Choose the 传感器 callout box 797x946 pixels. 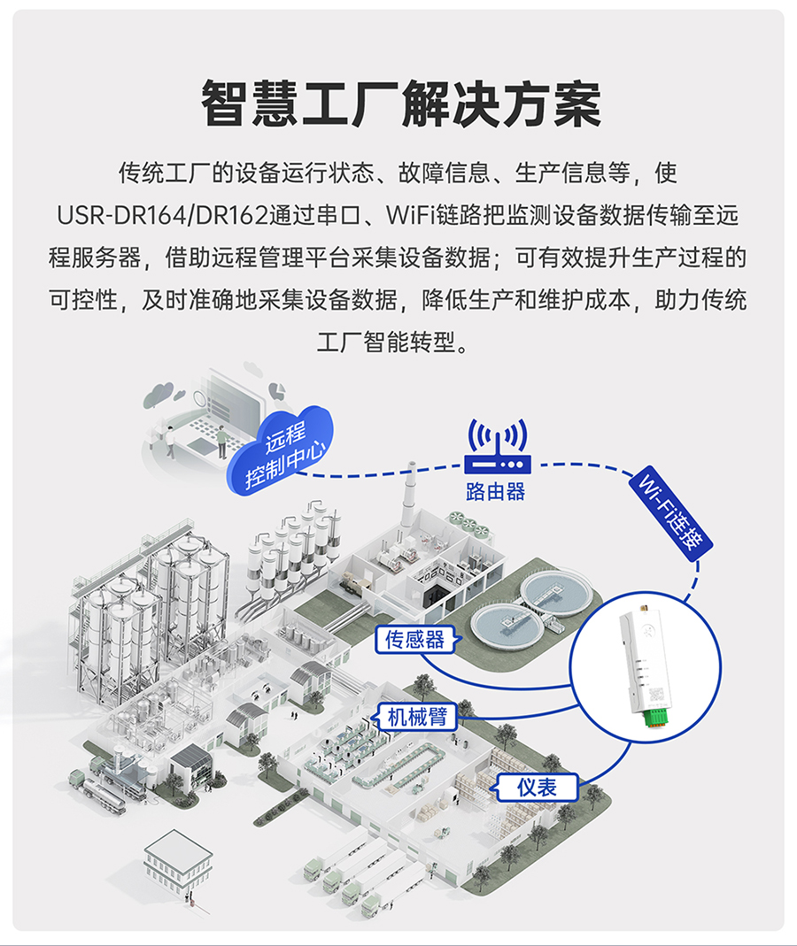pyautogui.click(x=414, y=639)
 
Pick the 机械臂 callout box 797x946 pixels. pyautogui.click(x=417, y=716)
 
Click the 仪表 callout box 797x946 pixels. pyautogui.click(x=537, y=786)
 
